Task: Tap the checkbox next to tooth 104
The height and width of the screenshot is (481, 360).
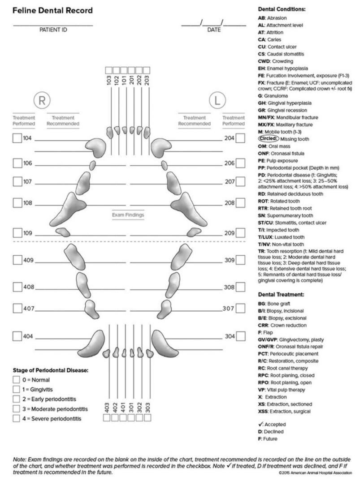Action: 17,138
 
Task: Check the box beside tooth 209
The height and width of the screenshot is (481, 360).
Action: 240,233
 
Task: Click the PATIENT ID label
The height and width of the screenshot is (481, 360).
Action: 53,31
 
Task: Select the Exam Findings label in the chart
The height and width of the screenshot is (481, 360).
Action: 128,215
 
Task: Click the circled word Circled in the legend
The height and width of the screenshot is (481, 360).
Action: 268,138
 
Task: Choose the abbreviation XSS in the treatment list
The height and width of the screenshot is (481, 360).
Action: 264,411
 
